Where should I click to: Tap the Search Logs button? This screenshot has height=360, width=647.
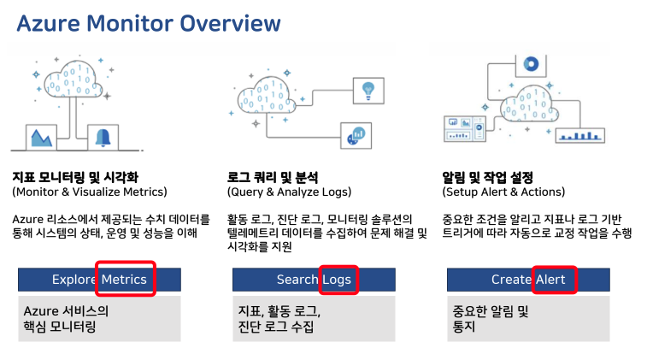[313, 280]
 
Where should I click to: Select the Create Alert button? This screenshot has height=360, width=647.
[527, 280]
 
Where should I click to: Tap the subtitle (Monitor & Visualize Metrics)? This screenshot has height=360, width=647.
[90, 192]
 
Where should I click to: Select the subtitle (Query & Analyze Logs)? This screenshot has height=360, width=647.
[289, 192]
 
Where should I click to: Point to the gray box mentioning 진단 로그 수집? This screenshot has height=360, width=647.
[313, 317]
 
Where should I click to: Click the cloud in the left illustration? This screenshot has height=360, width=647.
[74, 84]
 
